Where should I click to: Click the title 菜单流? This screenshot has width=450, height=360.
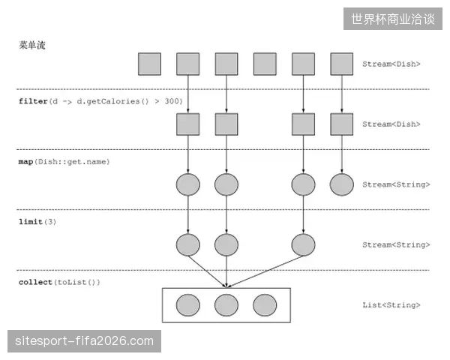(x=32, y=45)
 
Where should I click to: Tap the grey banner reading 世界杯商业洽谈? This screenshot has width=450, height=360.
(x=392, y=19)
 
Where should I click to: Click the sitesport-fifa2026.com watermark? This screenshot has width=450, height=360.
(x=84, y=341)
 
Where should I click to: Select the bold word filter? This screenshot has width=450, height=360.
(x=33, y=101)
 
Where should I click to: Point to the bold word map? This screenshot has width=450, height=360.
(x=25, y=162)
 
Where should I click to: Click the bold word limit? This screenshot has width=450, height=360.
(x=31, y=222)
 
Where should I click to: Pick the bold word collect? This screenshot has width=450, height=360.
(x=35, y=282)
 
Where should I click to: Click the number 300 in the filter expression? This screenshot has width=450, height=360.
(x=172, y=101)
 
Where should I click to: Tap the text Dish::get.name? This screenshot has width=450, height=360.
(x=72, y=162)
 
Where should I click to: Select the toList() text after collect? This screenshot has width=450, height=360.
(x=76, y=282)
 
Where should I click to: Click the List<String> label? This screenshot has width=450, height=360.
(x=391, y=305)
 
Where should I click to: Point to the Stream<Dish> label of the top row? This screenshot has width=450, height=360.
(x=391, y=64)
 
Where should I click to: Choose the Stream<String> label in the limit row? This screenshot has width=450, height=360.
(x=396, y=244)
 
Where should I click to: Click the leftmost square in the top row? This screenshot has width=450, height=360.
(x=149, y=64)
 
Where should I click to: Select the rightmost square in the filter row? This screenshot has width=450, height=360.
(x=342, y=124)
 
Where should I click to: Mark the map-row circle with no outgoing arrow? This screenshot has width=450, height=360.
(x=342, y=184)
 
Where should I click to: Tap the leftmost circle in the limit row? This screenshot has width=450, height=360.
(x=188, y=245)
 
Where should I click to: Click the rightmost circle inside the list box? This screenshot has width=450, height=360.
(x=265, y=305)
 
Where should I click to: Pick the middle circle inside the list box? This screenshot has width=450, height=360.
(x=226, y=305)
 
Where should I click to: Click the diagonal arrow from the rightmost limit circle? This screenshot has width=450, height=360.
(x=265, y=271)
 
